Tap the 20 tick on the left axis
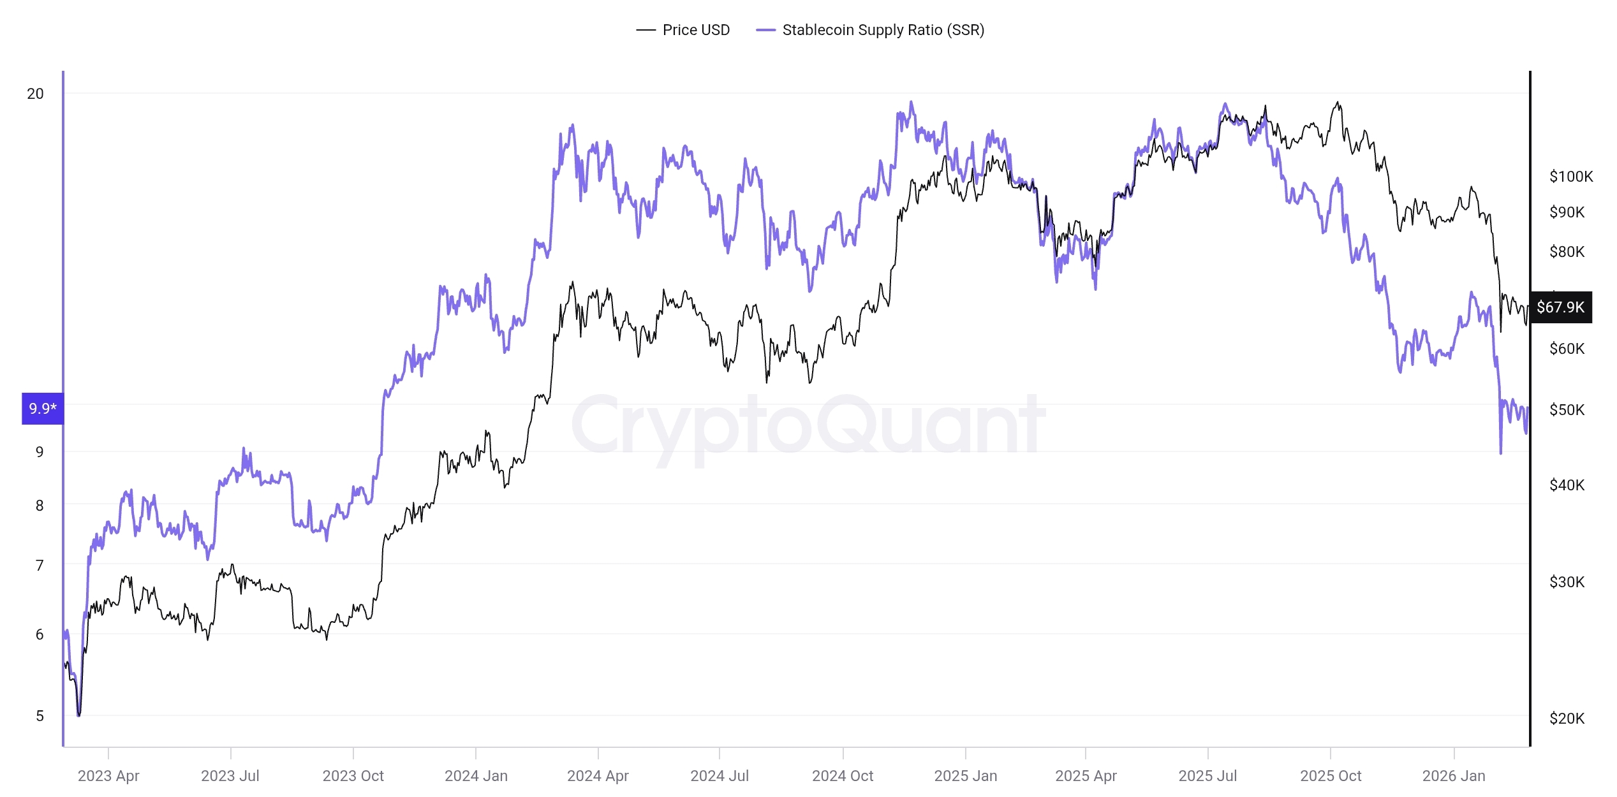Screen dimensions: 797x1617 (35, 94)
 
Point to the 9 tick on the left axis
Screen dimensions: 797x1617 (40, 452)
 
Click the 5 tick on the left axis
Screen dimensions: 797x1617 (40, 716)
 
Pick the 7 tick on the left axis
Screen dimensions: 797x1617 (40, 566)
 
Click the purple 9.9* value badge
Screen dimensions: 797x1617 (43, 409)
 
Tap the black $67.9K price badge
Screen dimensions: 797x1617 (1560, 307)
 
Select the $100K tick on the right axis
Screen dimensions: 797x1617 (1571, 177)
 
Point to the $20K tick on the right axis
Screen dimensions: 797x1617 (1567, 719)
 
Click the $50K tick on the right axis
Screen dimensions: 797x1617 (1567, 410)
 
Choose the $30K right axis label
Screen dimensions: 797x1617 (1567, 582)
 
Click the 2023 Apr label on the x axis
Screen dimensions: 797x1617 (108, 776)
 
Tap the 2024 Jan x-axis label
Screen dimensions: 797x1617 (476, 776)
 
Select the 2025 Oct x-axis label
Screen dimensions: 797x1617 (1331, 776)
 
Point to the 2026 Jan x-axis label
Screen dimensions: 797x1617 (1454, 776)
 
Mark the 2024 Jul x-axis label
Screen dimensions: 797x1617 (720, 776)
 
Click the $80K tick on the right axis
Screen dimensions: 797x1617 (1567, 252)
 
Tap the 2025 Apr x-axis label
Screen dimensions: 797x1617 (1086, 776)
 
